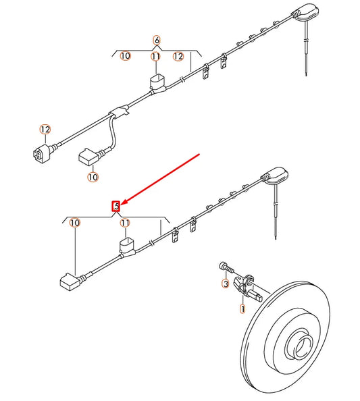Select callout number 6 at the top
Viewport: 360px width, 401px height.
click(x=157, y=41)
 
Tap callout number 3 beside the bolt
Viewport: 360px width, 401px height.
click(x=226, y=284)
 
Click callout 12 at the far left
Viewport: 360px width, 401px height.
click(x=45, y=129)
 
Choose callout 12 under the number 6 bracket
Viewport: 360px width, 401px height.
click(x=178, y=57)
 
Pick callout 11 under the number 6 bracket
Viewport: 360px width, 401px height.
click(x=156, y=57)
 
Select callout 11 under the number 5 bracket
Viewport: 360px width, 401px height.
click(x=124, y=222)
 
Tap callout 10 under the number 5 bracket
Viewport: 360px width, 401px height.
click(x=74, y=222)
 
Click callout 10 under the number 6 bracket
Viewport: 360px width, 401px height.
click(x=125, y=56)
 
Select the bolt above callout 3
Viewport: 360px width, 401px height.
click(x=226, y=267)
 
